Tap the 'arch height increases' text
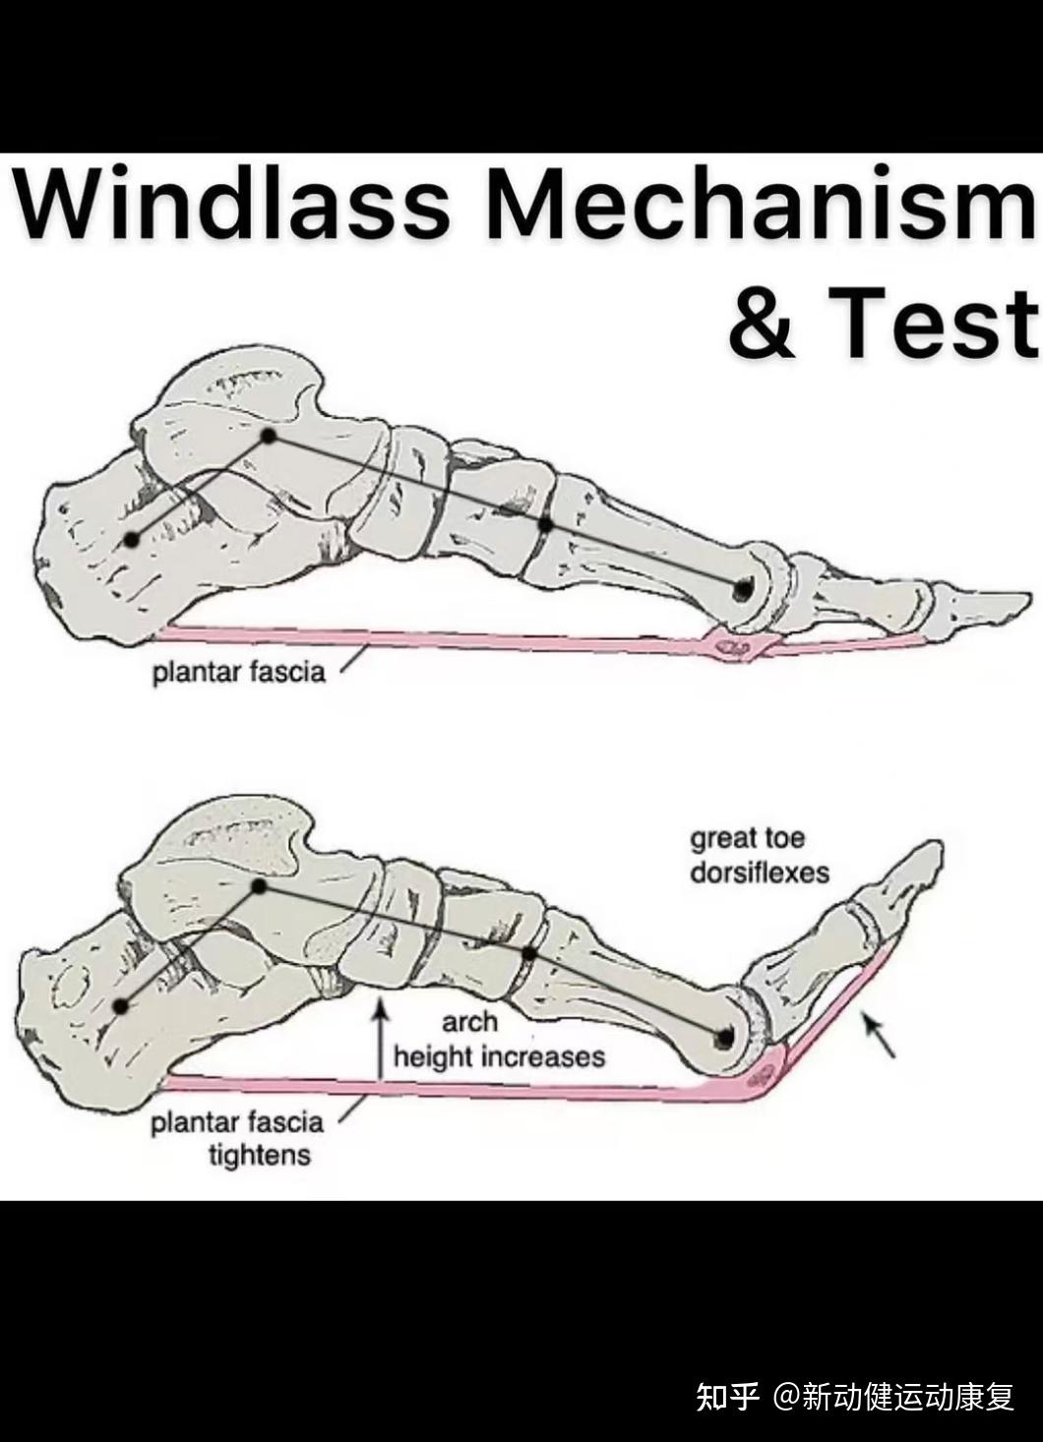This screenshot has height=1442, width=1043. pos(498,1040)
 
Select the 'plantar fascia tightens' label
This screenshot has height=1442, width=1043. pos(237,1137)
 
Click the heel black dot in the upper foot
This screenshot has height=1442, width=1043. pos(132,539)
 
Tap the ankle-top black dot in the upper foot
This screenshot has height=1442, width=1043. pos(268,434)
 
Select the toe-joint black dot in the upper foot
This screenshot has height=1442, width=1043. pos(743,589)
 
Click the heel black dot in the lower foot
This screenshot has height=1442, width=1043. pos(121,1005)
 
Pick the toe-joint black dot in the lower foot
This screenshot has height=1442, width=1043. pos(725,1037)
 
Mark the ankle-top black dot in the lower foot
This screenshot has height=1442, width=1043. pos(260,886)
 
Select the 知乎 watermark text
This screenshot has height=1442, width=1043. pos(728,1396)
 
